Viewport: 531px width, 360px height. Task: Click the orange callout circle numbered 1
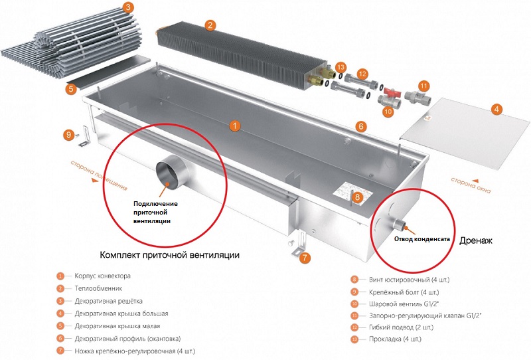pos(233,124)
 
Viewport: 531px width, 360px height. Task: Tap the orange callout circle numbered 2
pos(210,26)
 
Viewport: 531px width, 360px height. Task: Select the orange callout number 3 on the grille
pos(127,8)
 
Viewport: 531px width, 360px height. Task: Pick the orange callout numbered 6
pos(360,126)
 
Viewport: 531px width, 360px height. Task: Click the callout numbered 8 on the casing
pos(357,197)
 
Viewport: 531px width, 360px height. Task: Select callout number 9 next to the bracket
pos(68,135)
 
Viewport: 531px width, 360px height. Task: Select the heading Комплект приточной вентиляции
pos(169,255)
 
